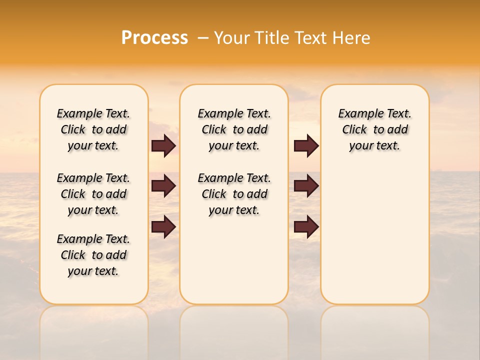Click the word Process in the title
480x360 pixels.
click(154, 38)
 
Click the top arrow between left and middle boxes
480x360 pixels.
click(163, 146)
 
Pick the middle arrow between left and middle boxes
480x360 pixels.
click(163, 186)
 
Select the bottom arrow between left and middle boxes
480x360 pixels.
click(163, 226)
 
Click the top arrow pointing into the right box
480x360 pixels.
click(306, 146)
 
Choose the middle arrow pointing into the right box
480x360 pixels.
click(306, 186)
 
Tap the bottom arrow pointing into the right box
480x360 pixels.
click(306, 226)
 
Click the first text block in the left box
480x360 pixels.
click(93, 129)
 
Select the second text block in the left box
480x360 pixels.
click(93, 194)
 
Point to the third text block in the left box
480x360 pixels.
click(93, 255)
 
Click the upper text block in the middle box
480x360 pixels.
click(234, 129)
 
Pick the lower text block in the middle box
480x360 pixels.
click(234, 194)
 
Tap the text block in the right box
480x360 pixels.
click(375, 129)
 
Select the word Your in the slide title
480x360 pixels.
click(230, 38)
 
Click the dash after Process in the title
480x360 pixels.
click(203, 38)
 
